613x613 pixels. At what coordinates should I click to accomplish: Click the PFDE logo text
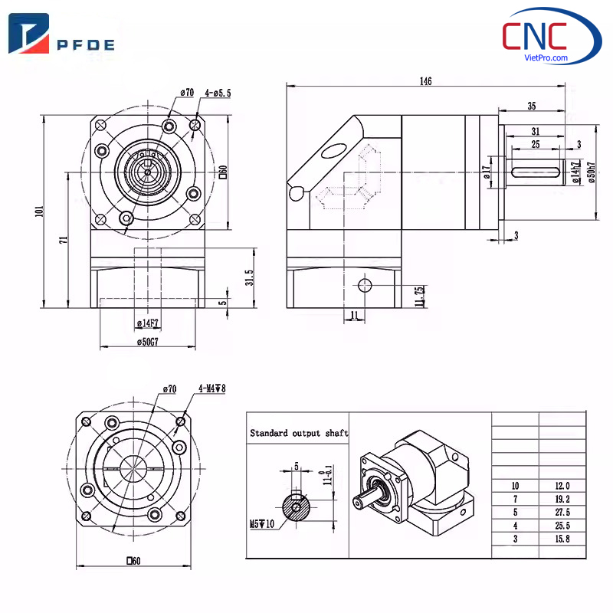point(86,44)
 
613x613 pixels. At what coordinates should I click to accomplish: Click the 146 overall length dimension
point(426,81)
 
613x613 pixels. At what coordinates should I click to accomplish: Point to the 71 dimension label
point(64,240)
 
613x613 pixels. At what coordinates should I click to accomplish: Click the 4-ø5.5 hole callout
point(218,93)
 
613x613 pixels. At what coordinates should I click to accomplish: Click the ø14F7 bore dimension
point(148,324)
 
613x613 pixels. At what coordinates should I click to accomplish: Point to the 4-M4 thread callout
point(211,388)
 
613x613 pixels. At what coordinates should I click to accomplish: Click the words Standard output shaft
point(299,433)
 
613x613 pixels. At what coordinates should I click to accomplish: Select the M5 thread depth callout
point(261,525)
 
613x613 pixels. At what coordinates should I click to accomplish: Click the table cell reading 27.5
point(562,512)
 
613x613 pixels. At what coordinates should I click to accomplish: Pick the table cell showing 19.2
point(562,499)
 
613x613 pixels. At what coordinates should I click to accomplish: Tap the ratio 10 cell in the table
point(515,486)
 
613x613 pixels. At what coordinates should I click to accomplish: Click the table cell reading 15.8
point(562,539)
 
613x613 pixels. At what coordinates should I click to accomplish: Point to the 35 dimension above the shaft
point(531,106)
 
